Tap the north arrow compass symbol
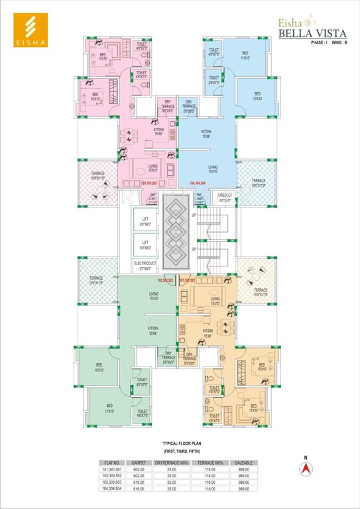pos(305,467)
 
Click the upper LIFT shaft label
pos(145,219)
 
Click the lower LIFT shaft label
pos(145,245)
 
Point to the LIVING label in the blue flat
pos(212,169)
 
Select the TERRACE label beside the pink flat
pos(97,178)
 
